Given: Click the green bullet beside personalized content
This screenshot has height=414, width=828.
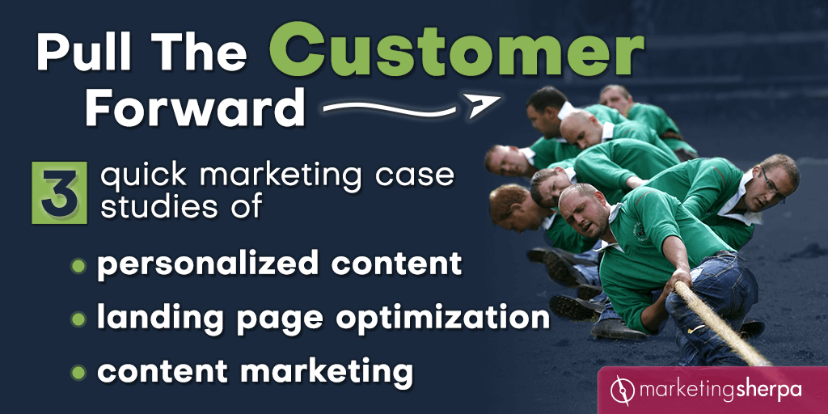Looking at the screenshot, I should (78, 265).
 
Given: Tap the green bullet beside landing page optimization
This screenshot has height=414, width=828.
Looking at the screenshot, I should (78, 319).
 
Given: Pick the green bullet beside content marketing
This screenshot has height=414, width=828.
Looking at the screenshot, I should (78, 372).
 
